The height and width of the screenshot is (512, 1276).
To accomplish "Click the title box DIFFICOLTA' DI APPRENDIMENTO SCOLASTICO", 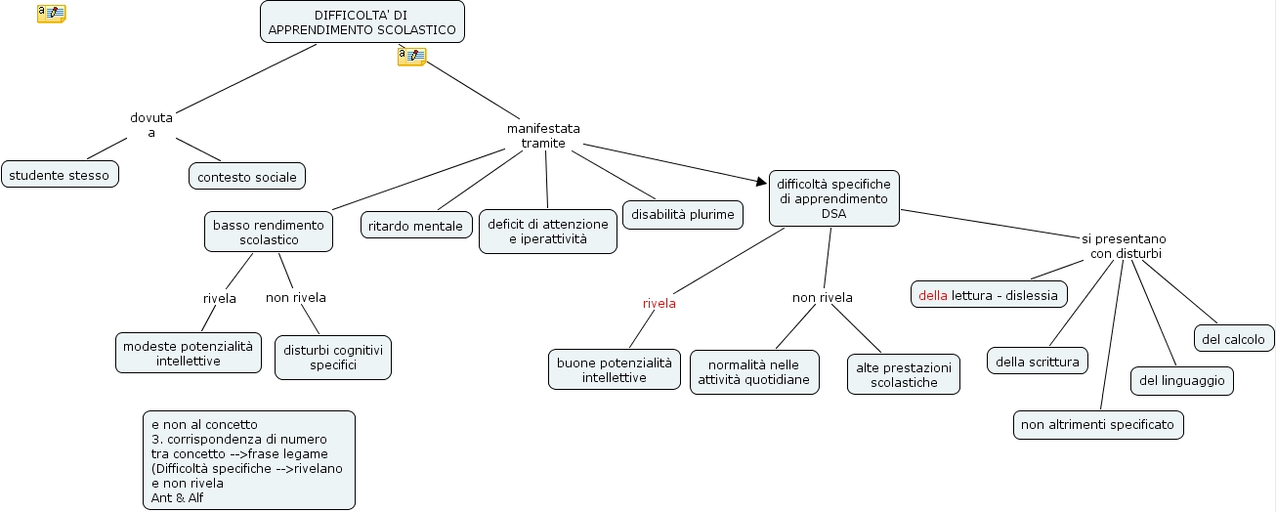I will (362, 21).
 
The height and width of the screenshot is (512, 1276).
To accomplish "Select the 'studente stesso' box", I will (60, 175).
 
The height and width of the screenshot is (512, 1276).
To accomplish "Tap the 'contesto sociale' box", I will (247, 177).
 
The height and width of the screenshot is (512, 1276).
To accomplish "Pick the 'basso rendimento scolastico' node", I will (269, 232).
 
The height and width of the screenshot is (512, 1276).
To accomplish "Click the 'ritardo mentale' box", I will (416, 226).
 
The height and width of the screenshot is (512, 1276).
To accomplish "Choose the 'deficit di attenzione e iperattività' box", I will (547, 232).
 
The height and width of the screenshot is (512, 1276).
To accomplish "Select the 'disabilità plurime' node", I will (683, 215).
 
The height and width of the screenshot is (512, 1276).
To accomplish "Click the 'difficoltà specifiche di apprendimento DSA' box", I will (833, 198).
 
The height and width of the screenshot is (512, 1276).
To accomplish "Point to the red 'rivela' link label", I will (659, 303).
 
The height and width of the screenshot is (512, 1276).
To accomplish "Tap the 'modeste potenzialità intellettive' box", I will (189, 353).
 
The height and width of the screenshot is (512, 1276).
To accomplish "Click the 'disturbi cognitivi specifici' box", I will (332, 357).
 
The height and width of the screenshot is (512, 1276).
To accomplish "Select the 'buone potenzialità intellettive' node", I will (614, 369).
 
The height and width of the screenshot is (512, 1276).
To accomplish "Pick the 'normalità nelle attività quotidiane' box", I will (754, 372).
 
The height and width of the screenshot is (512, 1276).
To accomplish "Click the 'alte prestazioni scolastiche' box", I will (903, 374).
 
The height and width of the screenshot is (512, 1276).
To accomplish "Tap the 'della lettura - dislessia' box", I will (989, 294).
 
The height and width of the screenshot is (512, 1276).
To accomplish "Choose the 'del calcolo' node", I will (1233, 339).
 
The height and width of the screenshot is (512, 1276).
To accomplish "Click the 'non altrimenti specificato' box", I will (1098, 424).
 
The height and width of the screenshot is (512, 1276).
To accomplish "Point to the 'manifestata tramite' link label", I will (543, 136).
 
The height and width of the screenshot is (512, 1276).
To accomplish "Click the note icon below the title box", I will (411, 57).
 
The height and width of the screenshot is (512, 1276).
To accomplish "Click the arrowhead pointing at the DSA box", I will (762, 181).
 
